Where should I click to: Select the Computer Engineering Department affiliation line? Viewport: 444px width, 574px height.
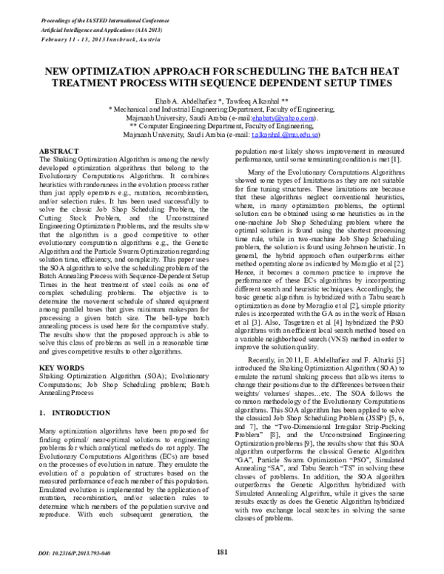[221, 126]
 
